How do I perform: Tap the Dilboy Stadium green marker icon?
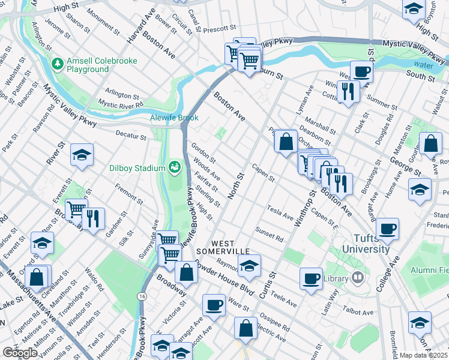point(175,166)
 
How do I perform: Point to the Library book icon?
point(358,277)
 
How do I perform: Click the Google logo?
point(20,353)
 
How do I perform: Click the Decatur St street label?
point(131,137)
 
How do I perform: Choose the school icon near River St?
point(82,155)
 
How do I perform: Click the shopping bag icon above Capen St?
point(286,141)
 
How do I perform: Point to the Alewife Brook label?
point(174,118)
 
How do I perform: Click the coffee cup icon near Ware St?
point(214,304)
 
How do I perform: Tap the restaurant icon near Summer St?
point(347,91)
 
